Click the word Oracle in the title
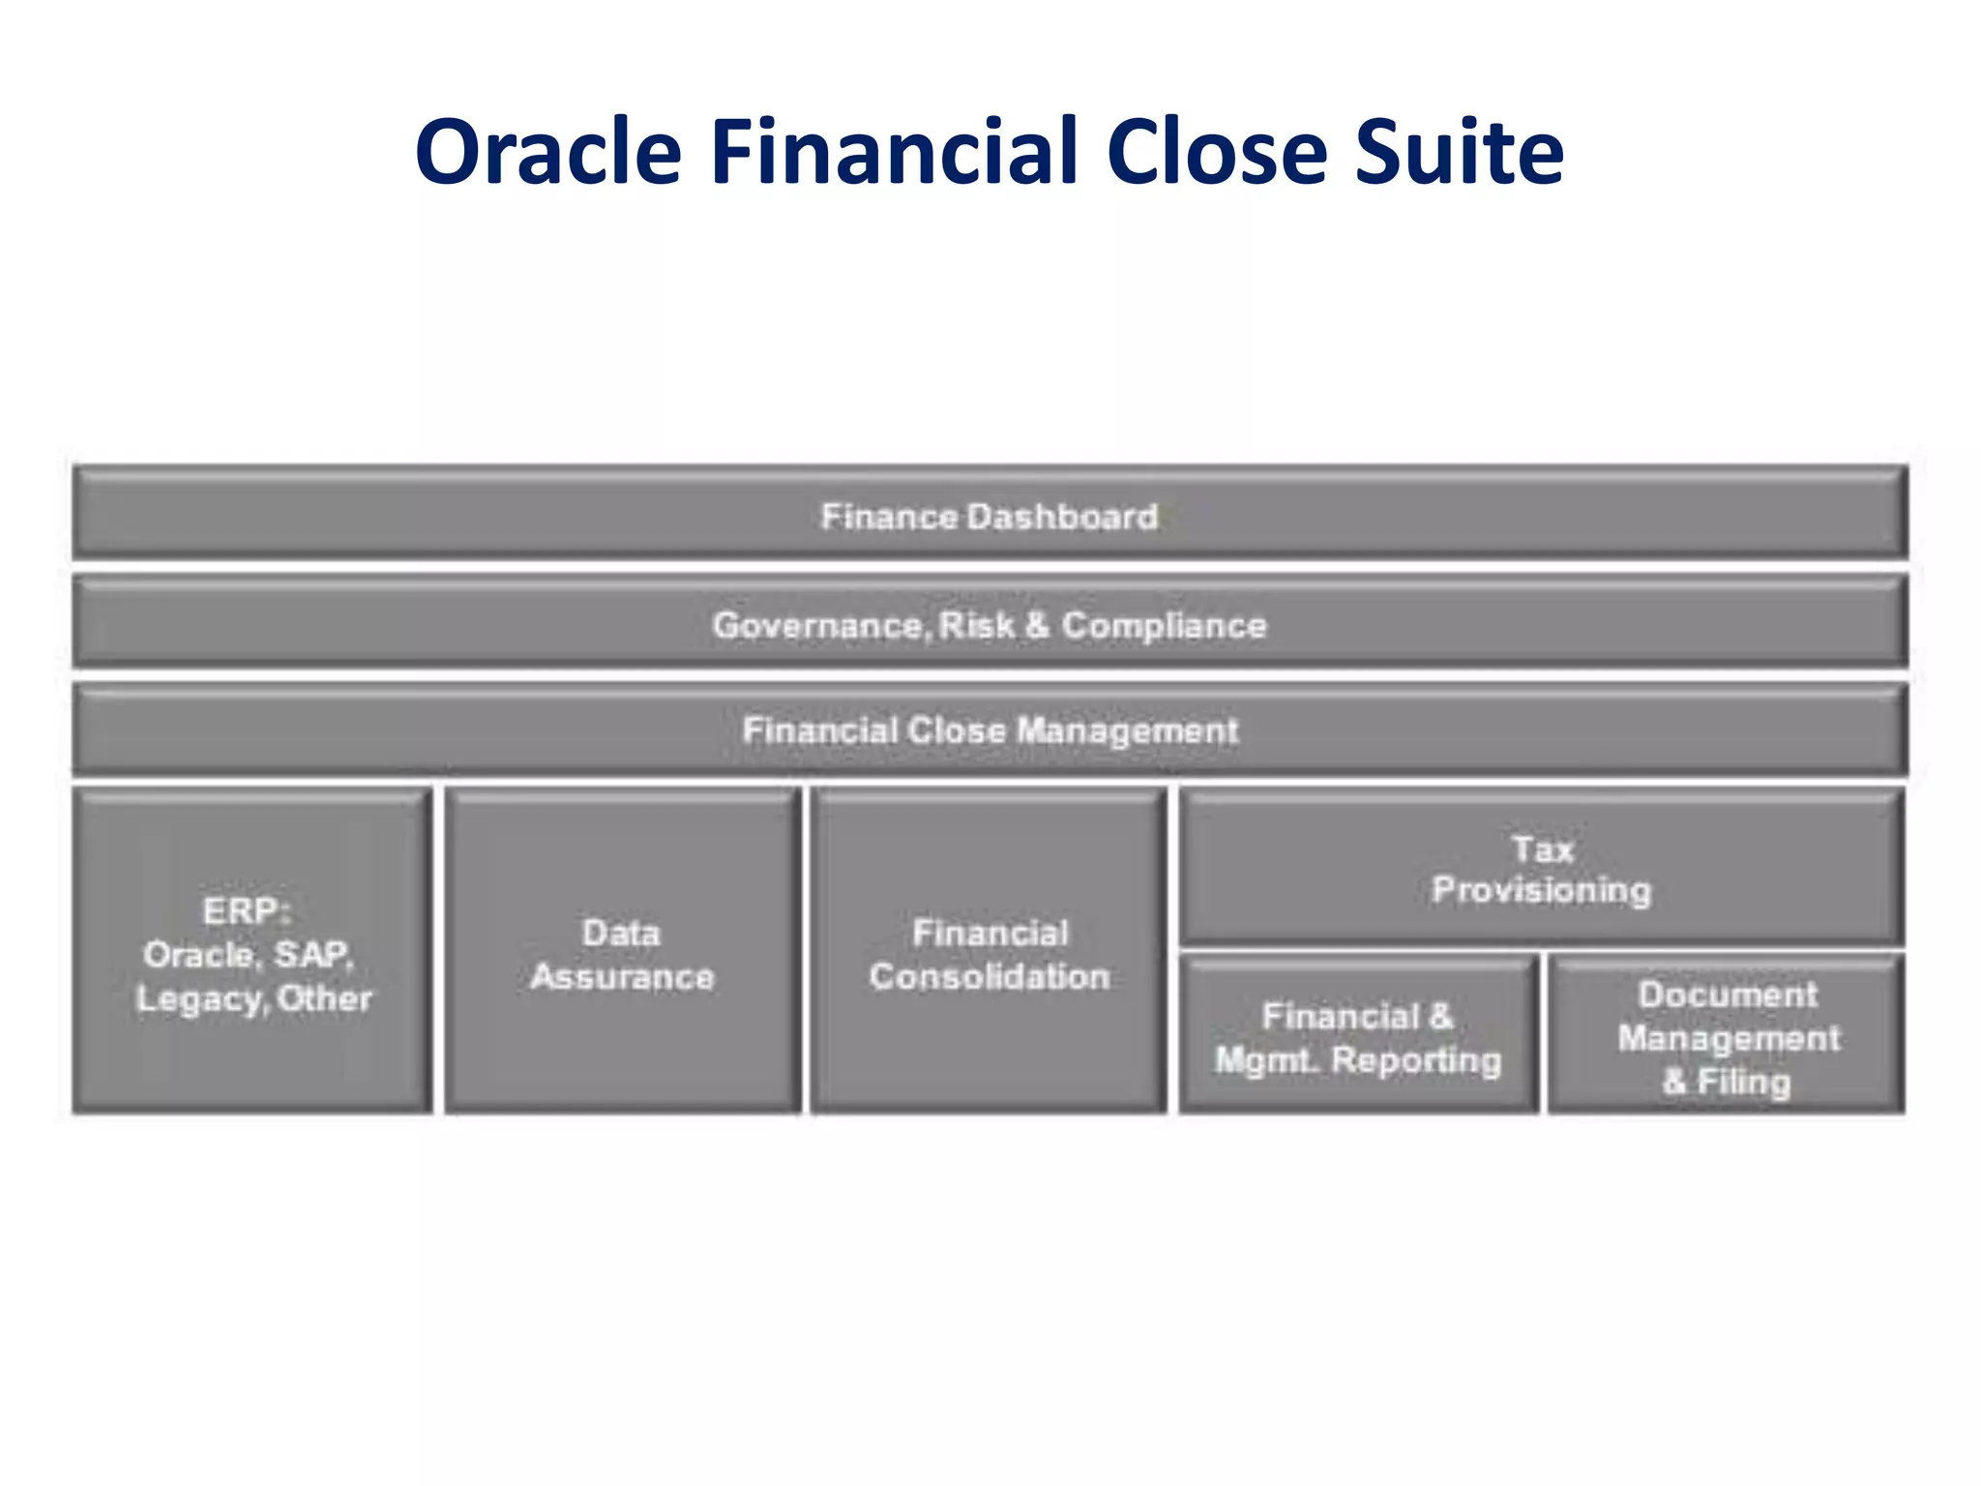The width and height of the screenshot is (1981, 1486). pyautogui.click(x=547, y=153)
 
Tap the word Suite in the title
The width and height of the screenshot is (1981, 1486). pyautogui.click(x=1458, y=153)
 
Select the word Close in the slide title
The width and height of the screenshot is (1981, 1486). pyautogui.click(x=1217, y=153)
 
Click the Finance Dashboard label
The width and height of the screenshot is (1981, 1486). pyautogui.click(x=989, y=517)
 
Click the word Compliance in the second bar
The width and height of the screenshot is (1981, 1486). pyautogui.click(x=1164, y=626)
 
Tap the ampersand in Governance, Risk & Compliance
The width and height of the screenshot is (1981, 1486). pyautogui.click(x=1037, y=626)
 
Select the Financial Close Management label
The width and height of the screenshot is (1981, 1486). pyautogui.click(x=990, y=730)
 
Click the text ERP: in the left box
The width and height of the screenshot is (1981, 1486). pyautogui.click(x=247, y=911)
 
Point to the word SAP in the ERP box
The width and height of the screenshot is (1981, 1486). pyautogui.click(x=312, y=955)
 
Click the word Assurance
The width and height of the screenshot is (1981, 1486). pyautogui.click(x=622, y=977)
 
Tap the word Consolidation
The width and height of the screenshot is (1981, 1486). pyautogui.click(x=989, y=977)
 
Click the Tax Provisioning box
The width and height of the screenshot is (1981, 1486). pyautogui.click(x=1541, y=869)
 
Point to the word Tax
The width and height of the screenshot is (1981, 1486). pyautogui.click(x=1542, y=849)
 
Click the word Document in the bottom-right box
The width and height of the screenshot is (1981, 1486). pyautogui.click(x=1728, y=995)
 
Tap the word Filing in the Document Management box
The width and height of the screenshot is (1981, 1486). pyautogui.click(x=1743, y=1082)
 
